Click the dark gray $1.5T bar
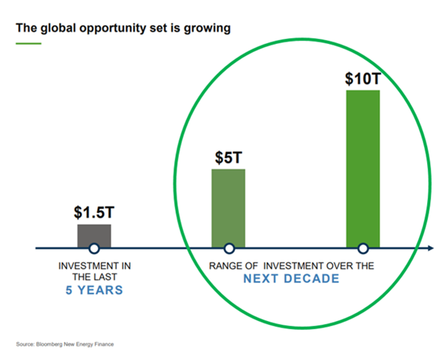[x=94, y=234]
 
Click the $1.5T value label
[x=94, y=213]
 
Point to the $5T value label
[x=228, y=157]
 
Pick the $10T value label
[x=362, y=78]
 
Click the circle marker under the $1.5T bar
[x=94, y=248]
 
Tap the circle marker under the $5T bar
[x=228, y=248]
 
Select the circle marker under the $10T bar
[x=362, y=248]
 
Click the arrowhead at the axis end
[x=430, y=248]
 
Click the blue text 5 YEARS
[x=94, y=291]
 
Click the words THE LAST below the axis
[x=94, y=278]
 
